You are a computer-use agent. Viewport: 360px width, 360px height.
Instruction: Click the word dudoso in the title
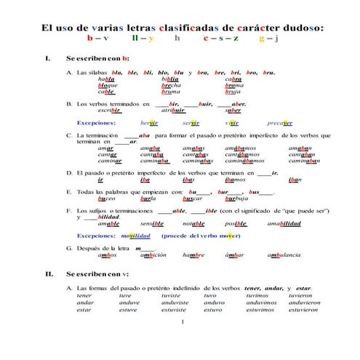297,28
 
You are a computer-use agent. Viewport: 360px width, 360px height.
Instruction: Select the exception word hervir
147,124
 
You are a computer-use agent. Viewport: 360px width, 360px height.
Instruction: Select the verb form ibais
188,179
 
